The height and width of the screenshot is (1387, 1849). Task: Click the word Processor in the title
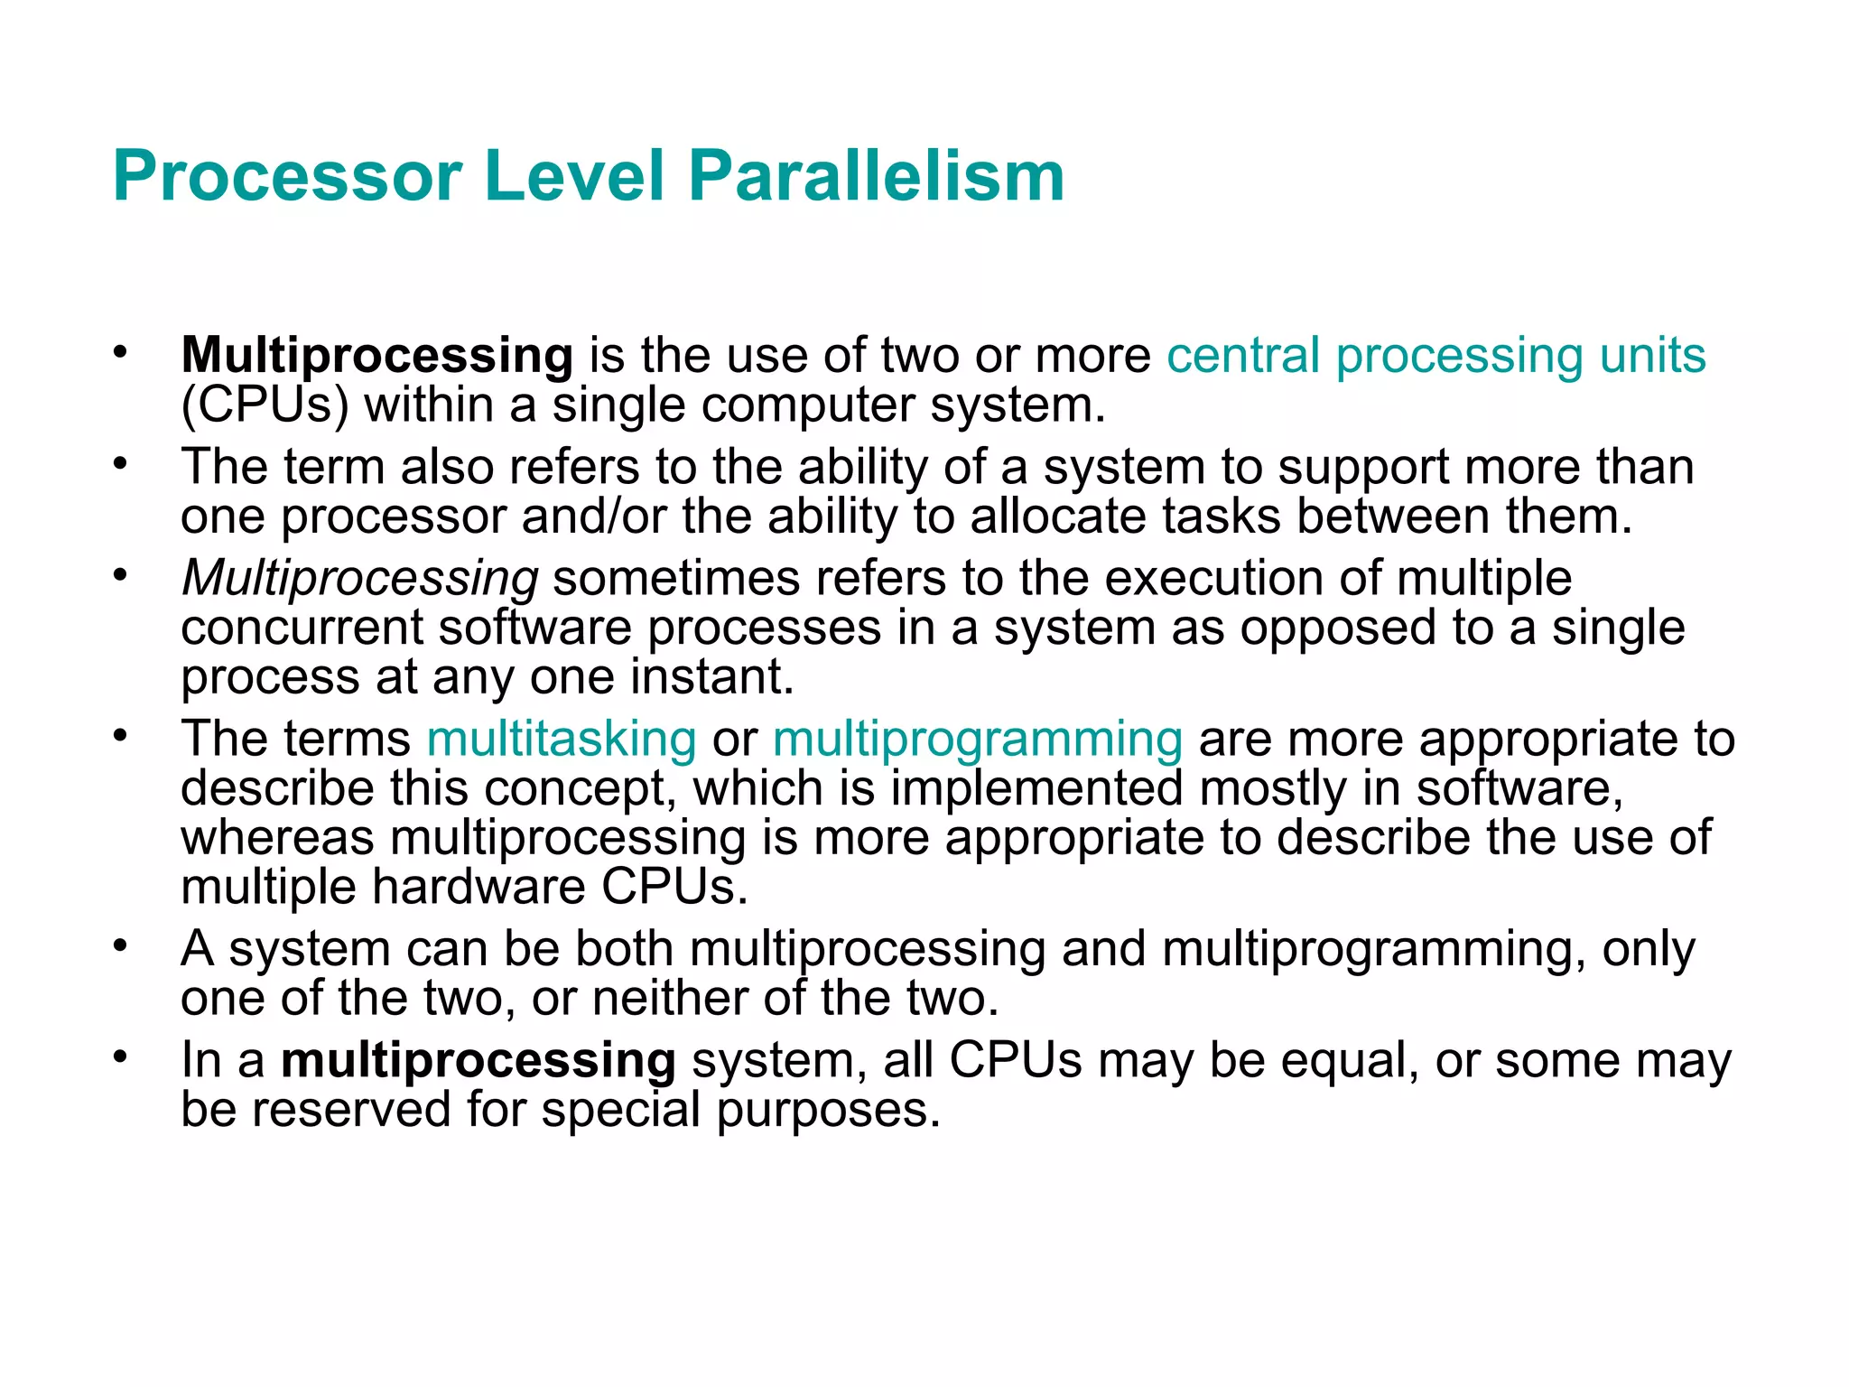tap(287, 175)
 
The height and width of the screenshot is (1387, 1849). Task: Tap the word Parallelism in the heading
tap(876, 175)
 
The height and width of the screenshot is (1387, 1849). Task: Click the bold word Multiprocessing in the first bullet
tap(376, 355)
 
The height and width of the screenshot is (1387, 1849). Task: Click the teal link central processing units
tap(1436, 355)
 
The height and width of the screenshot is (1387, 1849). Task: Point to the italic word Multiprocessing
tap(359, 578)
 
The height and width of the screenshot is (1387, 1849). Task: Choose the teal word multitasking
tap(562, 739)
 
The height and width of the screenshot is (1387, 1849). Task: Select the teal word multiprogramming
tap(977, 739)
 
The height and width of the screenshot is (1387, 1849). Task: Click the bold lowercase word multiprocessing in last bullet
tap(478, 1060)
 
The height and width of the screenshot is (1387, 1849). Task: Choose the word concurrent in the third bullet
tap(301, 628)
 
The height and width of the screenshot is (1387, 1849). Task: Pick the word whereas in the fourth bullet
tap(277, 837)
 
